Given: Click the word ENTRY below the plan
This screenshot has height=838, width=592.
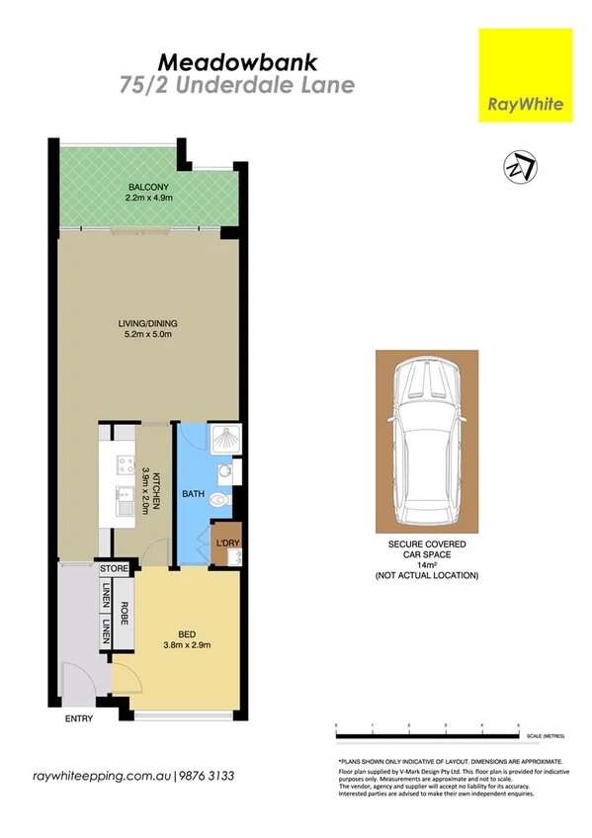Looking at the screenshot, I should click(78, 718).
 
